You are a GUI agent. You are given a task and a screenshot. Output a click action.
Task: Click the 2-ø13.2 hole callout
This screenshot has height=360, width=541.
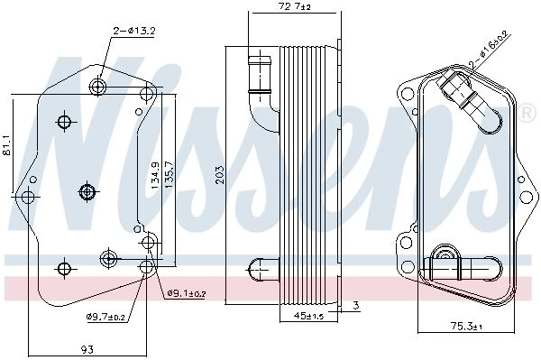click(134, 31)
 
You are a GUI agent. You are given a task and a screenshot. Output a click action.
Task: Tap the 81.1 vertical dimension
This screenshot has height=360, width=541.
click(8, 145)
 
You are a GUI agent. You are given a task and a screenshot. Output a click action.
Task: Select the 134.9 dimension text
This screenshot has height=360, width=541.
click(155, 175)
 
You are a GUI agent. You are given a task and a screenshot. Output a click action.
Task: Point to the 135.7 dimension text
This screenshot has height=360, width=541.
click(169, 175)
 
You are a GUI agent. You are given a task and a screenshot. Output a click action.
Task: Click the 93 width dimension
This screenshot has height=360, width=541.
click(87, 350)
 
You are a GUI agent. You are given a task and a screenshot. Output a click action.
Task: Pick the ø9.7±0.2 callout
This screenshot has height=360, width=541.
click(105, 316)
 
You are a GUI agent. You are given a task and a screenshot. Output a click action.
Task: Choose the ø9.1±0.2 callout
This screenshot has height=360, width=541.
click(187, 294)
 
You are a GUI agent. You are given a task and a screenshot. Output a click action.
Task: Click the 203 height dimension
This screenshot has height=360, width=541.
click(219, 175)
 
